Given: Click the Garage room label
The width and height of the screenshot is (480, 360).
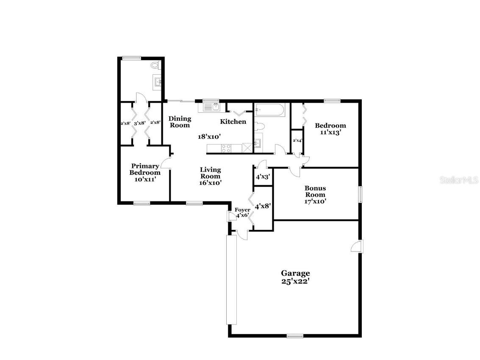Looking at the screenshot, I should (296, 273).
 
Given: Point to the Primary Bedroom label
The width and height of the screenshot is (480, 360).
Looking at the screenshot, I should (145, 169).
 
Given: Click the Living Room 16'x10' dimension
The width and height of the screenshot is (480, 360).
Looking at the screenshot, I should (211, 183).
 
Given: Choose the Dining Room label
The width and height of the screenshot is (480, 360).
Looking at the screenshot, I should (180, 122).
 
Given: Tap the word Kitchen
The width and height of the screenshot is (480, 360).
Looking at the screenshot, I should (233, 122).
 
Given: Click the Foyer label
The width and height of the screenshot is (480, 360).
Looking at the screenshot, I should (242, 209).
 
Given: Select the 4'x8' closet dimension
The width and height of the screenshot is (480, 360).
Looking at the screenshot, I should (263, 207).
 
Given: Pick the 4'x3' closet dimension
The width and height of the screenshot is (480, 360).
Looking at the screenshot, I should (263, 177).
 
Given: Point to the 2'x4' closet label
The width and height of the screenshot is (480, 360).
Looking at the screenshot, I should (297, 140).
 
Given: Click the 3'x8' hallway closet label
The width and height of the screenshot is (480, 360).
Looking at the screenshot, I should (140, 123).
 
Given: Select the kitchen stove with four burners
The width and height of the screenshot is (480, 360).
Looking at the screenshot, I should (226, 148).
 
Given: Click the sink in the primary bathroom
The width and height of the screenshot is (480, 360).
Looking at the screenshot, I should (158, 82).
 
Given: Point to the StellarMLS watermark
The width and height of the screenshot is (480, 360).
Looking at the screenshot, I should (459, 180).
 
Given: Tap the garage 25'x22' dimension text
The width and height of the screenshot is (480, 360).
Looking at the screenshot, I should (296, 281).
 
